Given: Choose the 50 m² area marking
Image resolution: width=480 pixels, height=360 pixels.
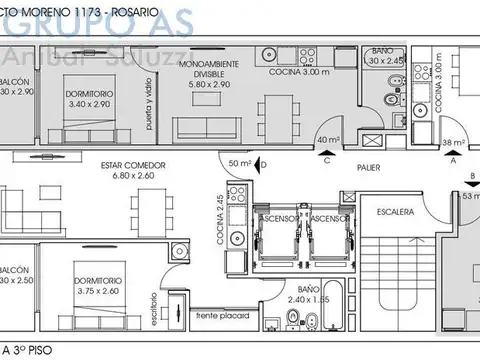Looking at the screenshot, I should pos(239,163).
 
